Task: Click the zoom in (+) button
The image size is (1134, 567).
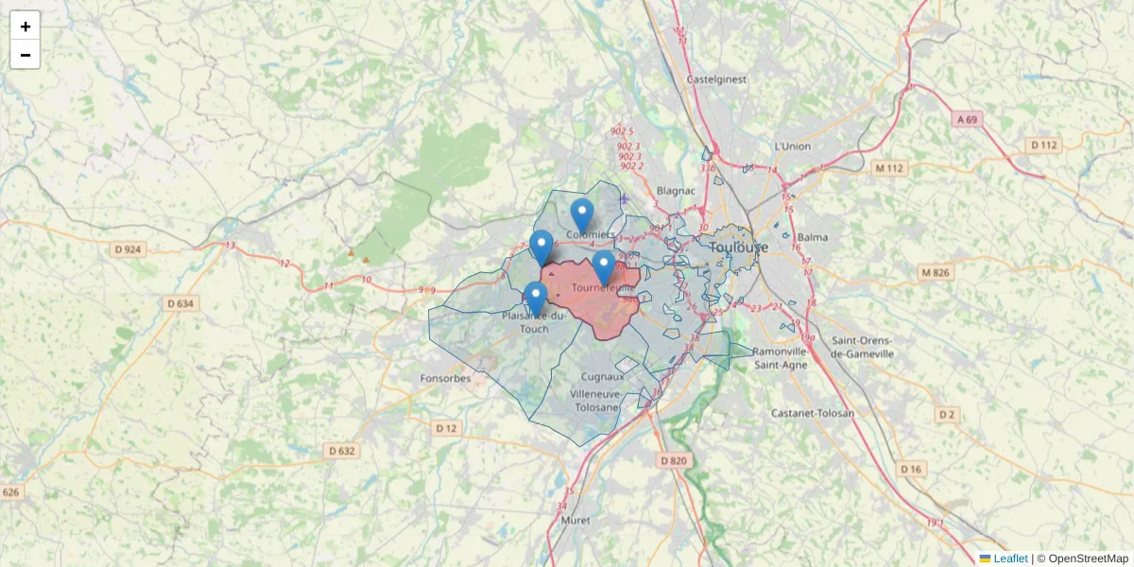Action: (26, 26)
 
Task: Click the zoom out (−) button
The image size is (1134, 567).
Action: (26, 55)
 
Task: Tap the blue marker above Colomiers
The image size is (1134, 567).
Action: (582, 215)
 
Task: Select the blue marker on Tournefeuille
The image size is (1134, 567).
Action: (604, 266)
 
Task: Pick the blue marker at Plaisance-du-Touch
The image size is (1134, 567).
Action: (536, 298)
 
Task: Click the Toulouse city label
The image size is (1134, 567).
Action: (738, 248)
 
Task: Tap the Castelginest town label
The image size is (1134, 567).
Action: (717, 79)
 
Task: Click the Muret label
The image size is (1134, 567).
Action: (576, 521)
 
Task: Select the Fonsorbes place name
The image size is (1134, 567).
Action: (445, 379)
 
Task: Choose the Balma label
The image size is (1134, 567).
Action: (812, 236)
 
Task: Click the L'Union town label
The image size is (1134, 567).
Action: (792, 146)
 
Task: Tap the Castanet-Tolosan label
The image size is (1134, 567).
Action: (813, 413)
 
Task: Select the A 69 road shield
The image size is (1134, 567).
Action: (967, 120)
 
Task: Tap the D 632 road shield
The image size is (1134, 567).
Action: (342, 451)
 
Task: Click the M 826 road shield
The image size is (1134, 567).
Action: (935, 273)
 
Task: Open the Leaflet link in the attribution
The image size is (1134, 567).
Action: (1009, 558)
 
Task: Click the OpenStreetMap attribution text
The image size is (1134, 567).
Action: (1088, 558)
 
